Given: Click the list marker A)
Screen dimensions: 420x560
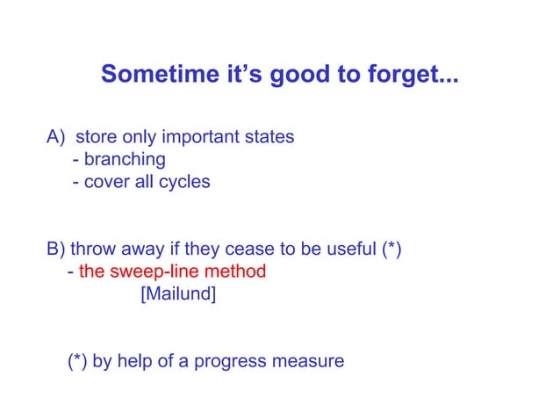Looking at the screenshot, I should pos(56,138).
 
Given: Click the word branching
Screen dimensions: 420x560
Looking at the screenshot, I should pos(125,160).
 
